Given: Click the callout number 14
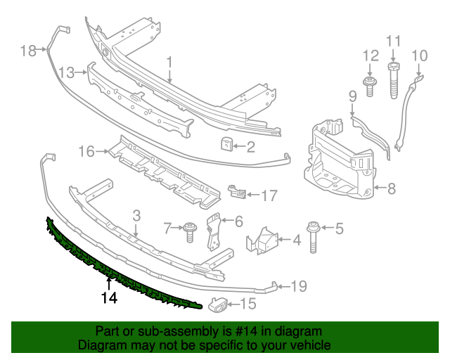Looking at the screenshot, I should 108,297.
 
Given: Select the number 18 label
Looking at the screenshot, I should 27,51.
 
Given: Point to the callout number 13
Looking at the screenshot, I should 67,72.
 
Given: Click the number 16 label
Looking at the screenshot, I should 86,151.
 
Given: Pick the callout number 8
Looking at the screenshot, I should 392,188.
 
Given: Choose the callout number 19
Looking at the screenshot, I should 300,286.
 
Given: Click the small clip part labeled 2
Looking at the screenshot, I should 227,146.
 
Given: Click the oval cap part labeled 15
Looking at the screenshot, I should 216,304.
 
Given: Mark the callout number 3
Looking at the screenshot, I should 136,216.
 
